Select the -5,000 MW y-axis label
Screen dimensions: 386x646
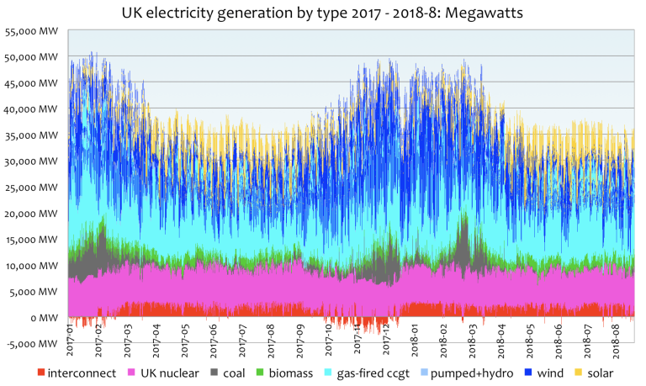click(32, 343)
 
